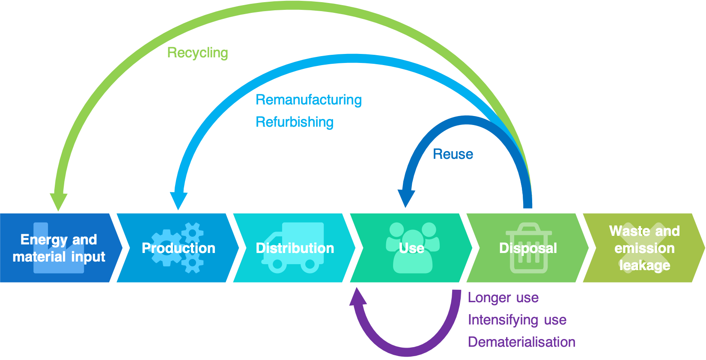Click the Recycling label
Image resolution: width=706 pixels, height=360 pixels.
pyautogui.click(x=197, y=53)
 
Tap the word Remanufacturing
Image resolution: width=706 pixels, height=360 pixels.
pyautogui.click(x=308, y=100)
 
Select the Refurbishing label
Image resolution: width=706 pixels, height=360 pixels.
pyautogui.click(x=294, y=122)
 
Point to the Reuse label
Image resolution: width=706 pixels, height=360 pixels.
pyautogui.click(x=453, y=154)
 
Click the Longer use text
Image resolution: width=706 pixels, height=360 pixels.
pyautogui.click(x=503, y=298)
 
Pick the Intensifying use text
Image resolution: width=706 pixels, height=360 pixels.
pyautogui.click(x=517, y=320)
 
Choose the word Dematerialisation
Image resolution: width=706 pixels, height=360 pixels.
pyautogui.click(x=521, y=342)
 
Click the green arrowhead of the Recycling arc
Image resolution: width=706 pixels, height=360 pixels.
pyautogui.click(x=58, y=202)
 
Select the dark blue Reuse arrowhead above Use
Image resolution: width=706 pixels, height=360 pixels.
pyautogui.click(x=406, y=198)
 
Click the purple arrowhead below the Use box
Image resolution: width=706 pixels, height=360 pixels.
pyautogui.click(x=358, y=296)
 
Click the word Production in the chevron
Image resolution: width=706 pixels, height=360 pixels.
pyautogui.click(x=179, y=248)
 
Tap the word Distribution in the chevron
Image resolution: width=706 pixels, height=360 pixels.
pyautogui.click(x=295, y=248)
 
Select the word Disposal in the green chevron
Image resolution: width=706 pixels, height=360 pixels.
pyautogui.click(x=528, y=248)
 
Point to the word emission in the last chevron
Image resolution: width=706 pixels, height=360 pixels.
pyautogui.click(x=644, y=248)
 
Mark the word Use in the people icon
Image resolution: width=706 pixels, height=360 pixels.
pyautogui.click(x=411, y=248)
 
